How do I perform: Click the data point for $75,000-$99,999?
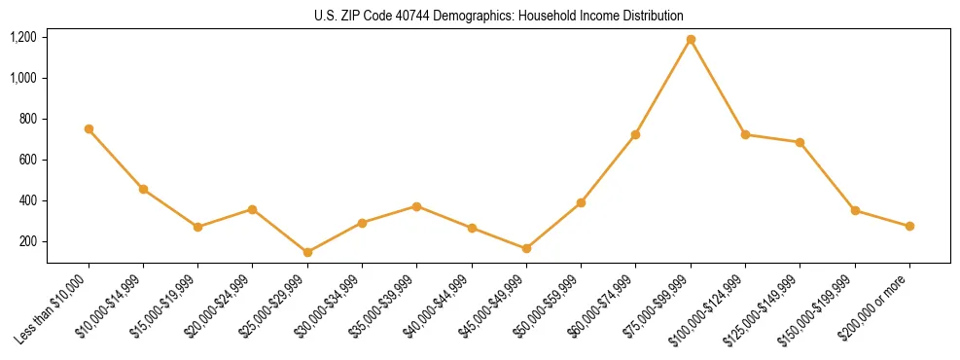tap(691, 40)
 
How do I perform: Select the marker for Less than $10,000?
tap(89, 128)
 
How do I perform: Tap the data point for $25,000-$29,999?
tap(307, 252)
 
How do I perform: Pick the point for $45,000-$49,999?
tap(526, 249)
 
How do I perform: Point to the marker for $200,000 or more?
tap(909, 226)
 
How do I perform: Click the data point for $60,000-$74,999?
tap(636, 134)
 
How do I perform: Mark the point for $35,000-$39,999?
tap(416, 206)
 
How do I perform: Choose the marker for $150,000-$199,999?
tap(855, 210)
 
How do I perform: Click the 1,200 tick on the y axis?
tap(23, 37)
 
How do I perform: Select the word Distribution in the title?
tap(646, 16)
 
